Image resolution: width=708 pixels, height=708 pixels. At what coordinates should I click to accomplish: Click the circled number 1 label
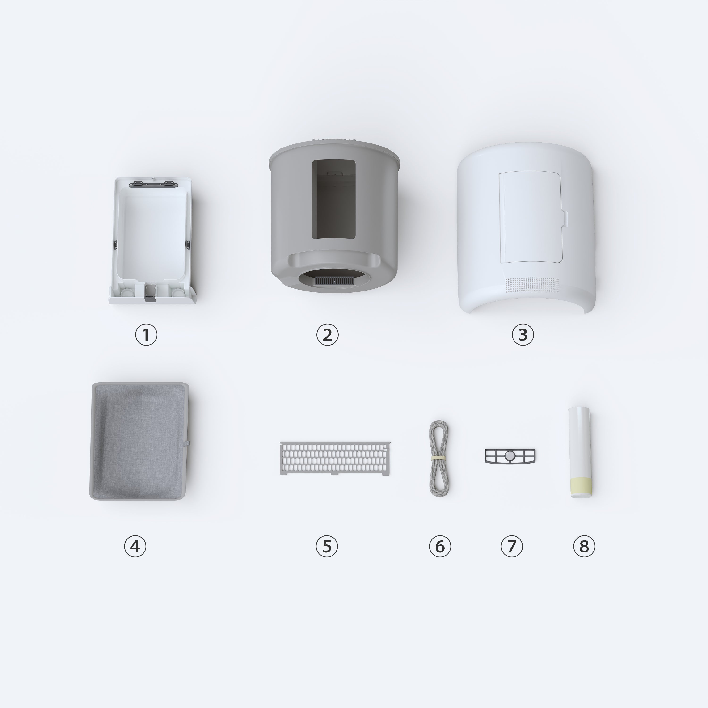(146, 335)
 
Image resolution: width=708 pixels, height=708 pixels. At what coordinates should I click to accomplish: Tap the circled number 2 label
(327, 335)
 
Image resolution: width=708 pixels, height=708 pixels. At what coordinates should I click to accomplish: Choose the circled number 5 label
(327, 546)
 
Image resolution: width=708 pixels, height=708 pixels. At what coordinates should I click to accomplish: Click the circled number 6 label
(440, 546)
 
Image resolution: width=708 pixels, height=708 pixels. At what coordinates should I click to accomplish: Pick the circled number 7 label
(512, 546)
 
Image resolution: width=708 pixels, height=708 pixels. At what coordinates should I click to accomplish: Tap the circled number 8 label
(584, 546)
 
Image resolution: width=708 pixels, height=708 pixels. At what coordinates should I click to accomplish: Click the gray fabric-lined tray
(139, 441)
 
